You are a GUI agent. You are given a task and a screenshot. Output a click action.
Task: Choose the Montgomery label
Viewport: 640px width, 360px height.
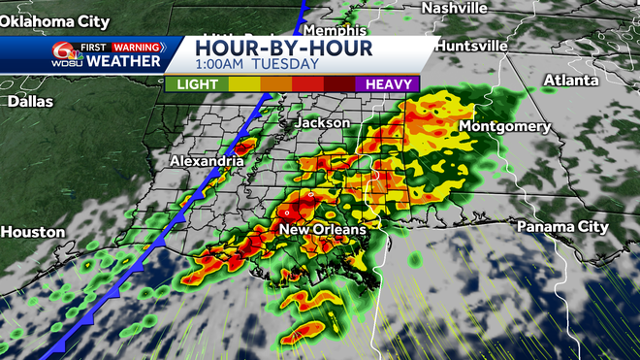click(x=504, y=127)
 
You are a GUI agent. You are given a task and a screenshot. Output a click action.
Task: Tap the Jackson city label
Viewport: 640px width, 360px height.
click(x=321, y=123)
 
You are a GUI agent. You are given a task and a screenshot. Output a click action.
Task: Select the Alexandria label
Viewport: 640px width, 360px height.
click(x=207, y=160)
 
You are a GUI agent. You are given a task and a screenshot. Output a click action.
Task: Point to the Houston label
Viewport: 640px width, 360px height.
click(x=33, y=232)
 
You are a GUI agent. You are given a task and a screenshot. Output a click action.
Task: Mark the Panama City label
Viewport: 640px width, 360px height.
click(x=562, y=226)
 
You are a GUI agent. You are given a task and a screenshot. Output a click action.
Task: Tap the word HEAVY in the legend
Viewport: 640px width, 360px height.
click(x=387, y=85)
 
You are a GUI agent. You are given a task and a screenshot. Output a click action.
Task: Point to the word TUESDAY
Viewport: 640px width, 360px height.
click(x=286, y=64)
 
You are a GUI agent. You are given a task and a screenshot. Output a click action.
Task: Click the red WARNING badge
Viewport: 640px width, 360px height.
click(x=137, y=46)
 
